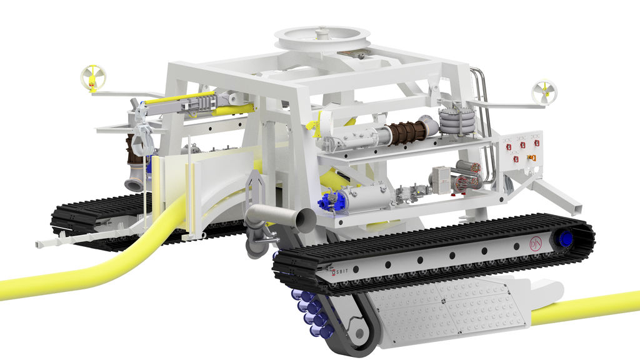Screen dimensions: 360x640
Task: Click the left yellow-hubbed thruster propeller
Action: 93,77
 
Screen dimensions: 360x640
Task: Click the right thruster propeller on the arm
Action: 544,92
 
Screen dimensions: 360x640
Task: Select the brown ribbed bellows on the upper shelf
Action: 404,132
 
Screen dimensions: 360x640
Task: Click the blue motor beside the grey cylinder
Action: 329,202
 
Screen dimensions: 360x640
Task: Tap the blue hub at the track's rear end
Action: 566,239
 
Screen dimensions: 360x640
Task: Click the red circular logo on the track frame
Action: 534,242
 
